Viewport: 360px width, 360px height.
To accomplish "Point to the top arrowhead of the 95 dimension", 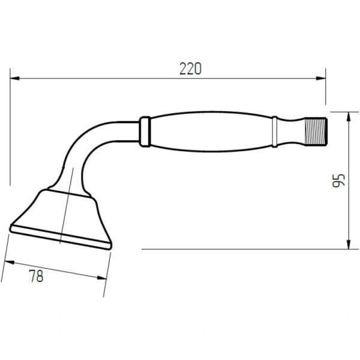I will point(349,115).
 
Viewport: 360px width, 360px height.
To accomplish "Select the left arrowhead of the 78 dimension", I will point(8,261).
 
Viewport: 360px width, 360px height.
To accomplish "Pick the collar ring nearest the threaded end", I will point(275,131).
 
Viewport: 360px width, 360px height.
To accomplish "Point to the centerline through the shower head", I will point(67,204).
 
